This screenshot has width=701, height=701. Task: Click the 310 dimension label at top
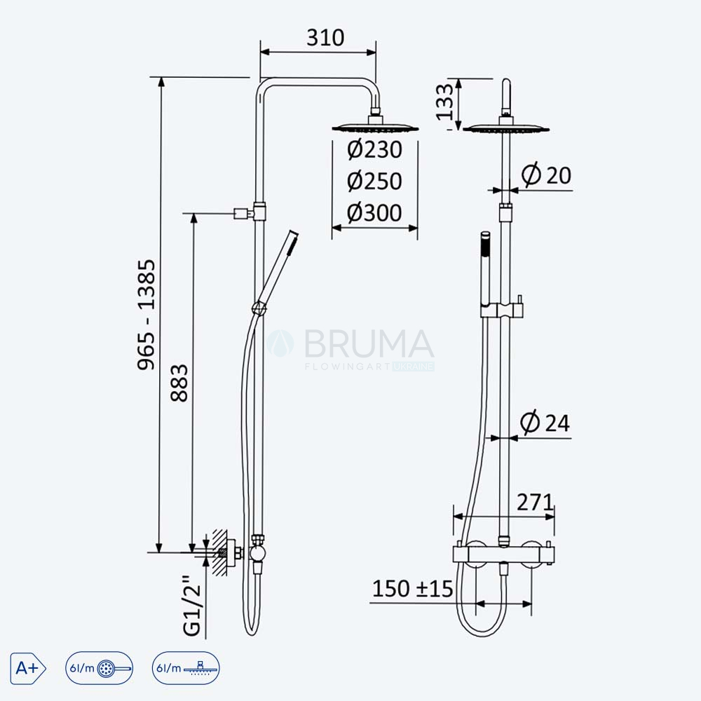(x=325, y=38)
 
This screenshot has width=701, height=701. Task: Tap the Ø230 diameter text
(x=374, y=149)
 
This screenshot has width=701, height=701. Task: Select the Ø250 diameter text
(x=374, y=181)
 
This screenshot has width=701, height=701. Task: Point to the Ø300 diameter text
(x=374, y=213)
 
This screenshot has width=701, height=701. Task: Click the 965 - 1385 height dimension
(x=147, y=315)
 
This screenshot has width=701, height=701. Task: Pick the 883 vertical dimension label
(x=179, y=383)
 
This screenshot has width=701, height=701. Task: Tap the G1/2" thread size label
(x=193, y=606)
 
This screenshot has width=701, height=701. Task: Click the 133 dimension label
(x=445, y=102)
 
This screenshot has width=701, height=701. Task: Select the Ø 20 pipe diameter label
(x=546, y=175)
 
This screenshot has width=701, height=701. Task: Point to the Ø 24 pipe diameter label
(x=545, y=423)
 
